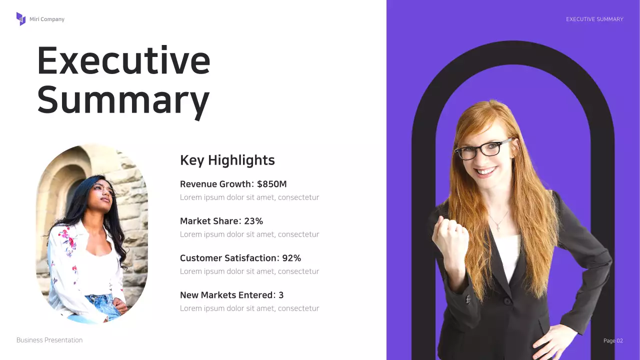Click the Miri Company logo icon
click(20, 19)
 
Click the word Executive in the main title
click(123, 60)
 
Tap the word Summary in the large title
click(123, 99)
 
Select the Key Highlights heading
click(227, 160)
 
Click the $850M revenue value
click(272, 184)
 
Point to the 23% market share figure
click(253, 221)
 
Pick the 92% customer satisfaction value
click(291, 258)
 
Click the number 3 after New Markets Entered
click(281, 295)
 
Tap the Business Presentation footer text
click(49, 340)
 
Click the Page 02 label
click(613, 340)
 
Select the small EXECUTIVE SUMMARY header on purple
click(594, 19)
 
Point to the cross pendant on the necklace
click(498, 228)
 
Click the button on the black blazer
click(507, 301)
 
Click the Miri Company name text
click(47, 19)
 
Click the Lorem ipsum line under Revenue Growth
click(249, 197)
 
